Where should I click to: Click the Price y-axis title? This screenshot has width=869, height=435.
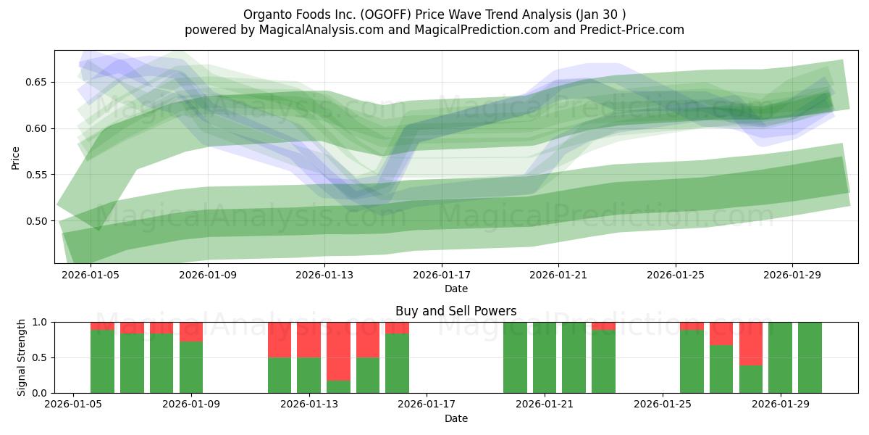pos(15,157)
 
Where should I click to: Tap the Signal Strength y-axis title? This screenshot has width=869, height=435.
pos(22,357)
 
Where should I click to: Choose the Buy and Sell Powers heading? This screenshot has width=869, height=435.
pos(456,312)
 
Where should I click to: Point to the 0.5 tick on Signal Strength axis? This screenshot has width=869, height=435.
pos(39,357)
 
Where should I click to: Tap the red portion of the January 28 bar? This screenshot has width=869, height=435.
pos(751,344)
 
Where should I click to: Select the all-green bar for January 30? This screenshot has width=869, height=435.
pos(810,357)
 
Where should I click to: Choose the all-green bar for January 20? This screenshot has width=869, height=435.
pos(515,357)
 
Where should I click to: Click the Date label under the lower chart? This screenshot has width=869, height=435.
pos(456,418)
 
